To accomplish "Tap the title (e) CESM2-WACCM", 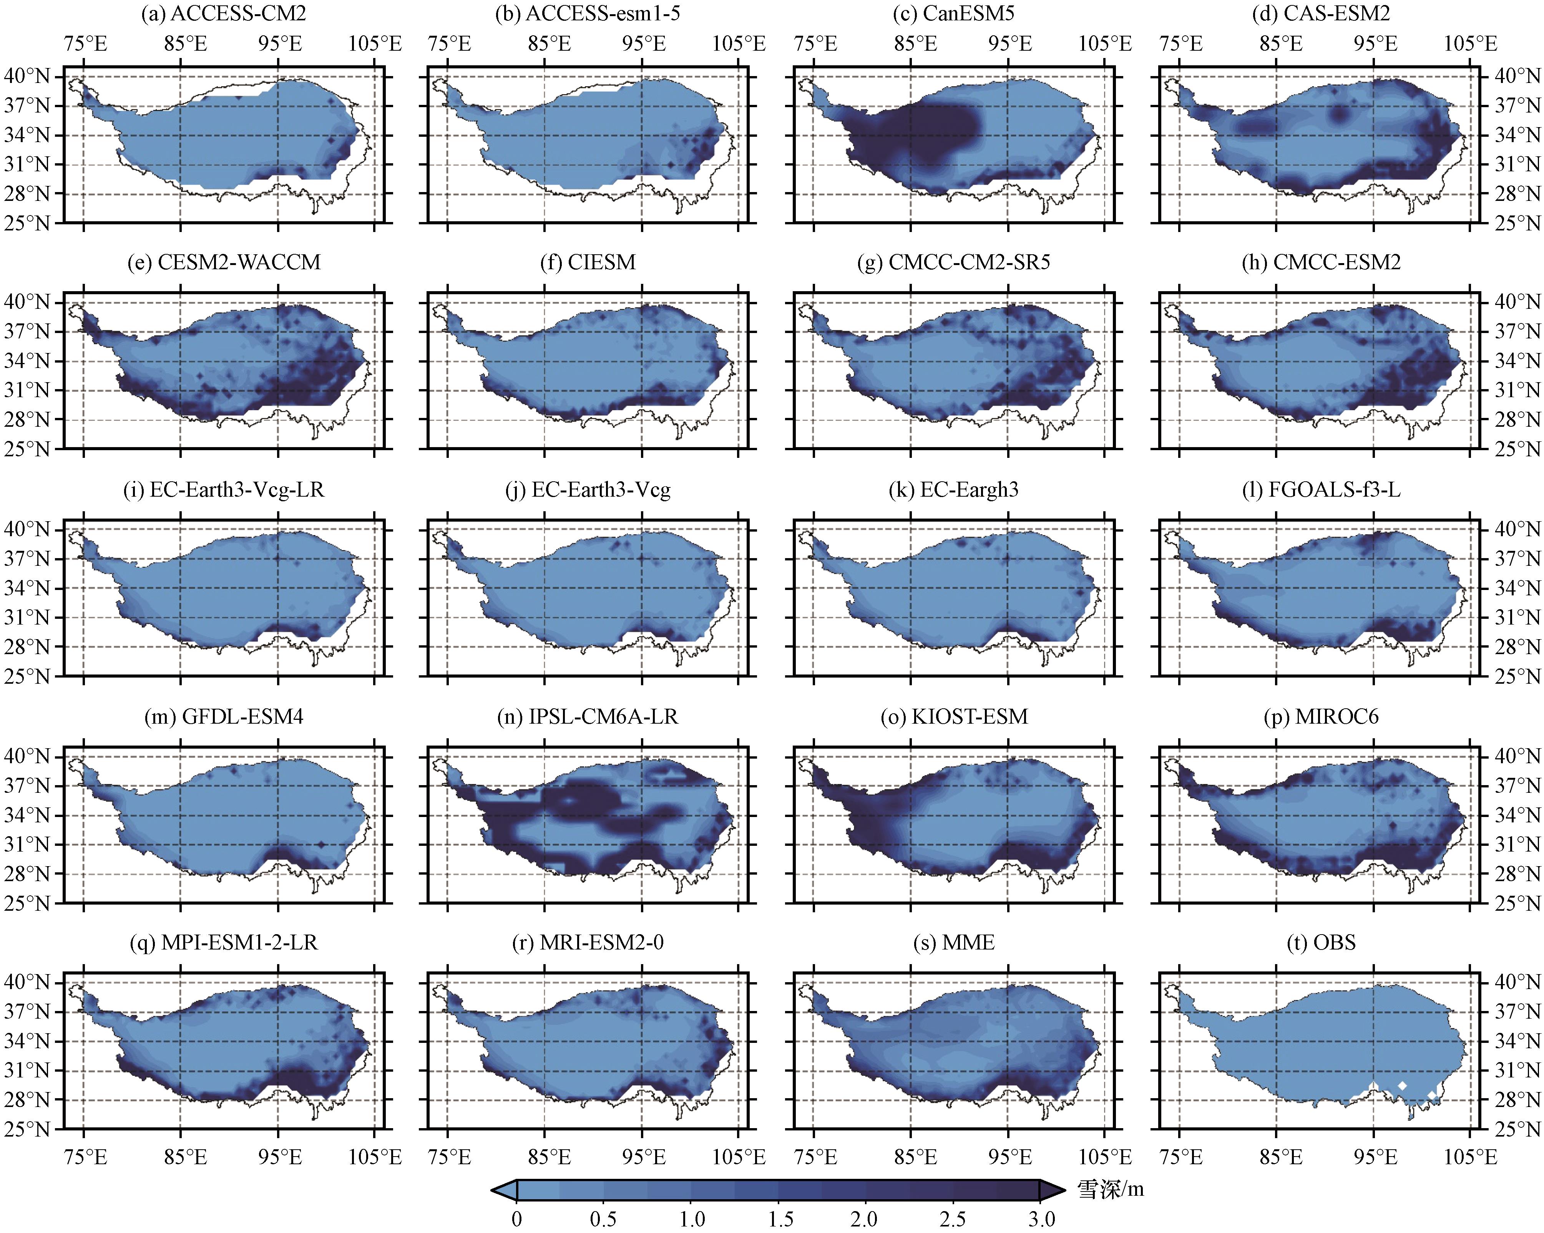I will point(224,263).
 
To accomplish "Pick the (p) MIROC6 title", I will point(1321,717).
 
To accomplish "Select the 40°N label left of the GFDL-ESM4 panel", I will point(27,756).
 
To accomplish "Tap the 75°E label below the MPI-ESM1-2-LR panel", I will point(86,1157).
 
